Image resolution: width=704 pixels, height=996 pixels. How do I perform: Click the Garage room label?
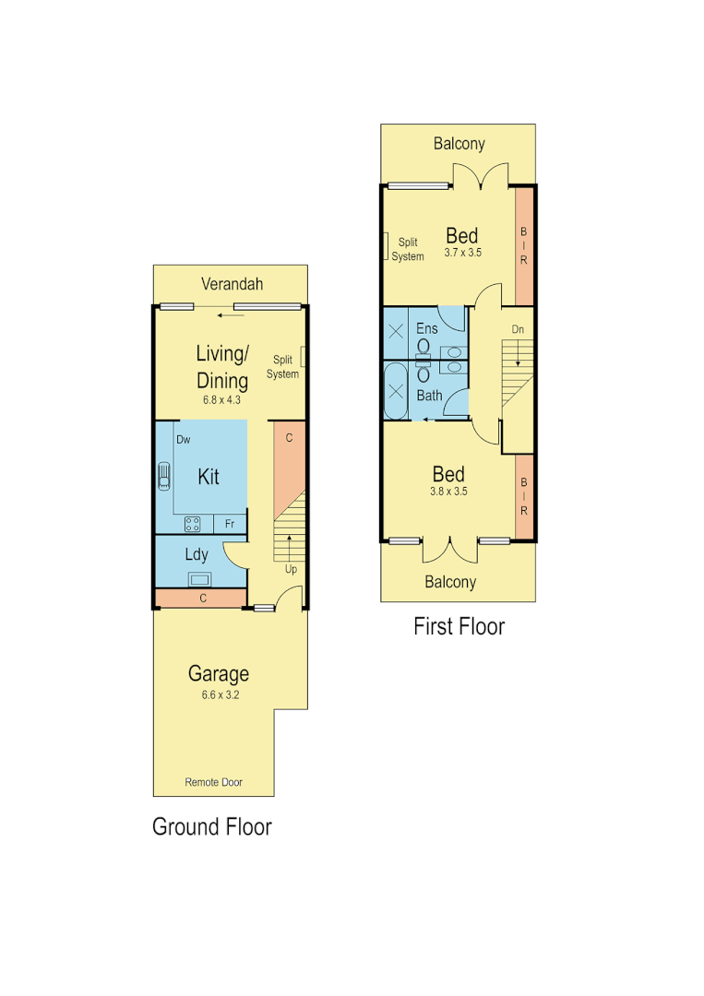pyautogui.click(x=219, y=673)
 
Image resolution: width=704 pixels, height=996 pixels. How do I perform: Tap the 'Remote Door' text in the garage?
pyautogui.click(x=213, y=782)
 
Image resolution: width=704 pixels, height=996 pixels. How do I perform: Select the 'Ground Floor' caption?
pyautogui.click(x=211, y=826)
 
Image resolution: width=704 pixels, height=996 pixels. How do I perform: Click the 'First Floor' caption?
pyautogui.click(x=459, y=626)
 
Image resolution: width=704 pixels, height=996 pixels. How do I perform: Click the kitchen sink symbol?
pyautogui.click(x=164, y=477)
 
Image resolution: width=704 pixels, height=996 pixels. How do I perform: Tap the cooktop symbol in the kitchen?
pyautogui.click(x=194, y=524)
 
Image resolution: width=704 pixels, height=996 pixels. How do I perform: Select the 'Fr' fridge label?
pyautogui.click(x=230, y=524)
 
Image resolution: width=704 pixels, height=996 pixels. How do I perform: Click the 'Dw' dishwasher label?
pyautogui.click(x=184, y=440)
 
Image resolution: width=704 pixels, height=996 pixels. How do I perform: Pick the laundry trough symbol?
pyautogui.click(x=200, y=579)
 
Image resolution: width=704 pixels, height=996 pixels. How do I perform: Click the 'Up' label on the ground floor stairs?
pyautogui.click(x=291, y=569)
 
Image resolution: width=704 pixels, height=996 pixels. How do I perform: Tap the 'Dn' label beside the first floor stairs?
pyautogui.click(x=518, y=329)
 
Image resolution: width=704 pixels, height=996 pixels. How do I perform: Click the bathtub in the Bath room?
pyautogui.click(x=396, y=391)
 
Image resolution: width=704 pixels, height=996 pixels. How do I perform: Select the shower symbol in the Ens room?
pyautogui.click(x=396, y=332)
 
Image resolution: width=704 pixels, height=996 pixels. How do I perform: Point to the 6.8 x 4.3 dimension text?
pyautogui.click(x=221, y=400)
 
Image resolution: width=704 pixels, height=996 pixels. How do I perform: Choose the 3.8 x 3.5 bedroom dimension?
pyautogui.click(x=449, y=491)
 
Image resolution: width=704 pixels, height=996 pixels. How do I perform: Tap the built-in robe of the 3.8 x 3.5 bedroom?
pyautogui.click(x=524, y=496)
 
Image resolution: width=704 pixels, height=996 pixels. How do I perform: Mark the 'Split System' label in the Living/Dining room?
pyautogui.click(x=282, y=367)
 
